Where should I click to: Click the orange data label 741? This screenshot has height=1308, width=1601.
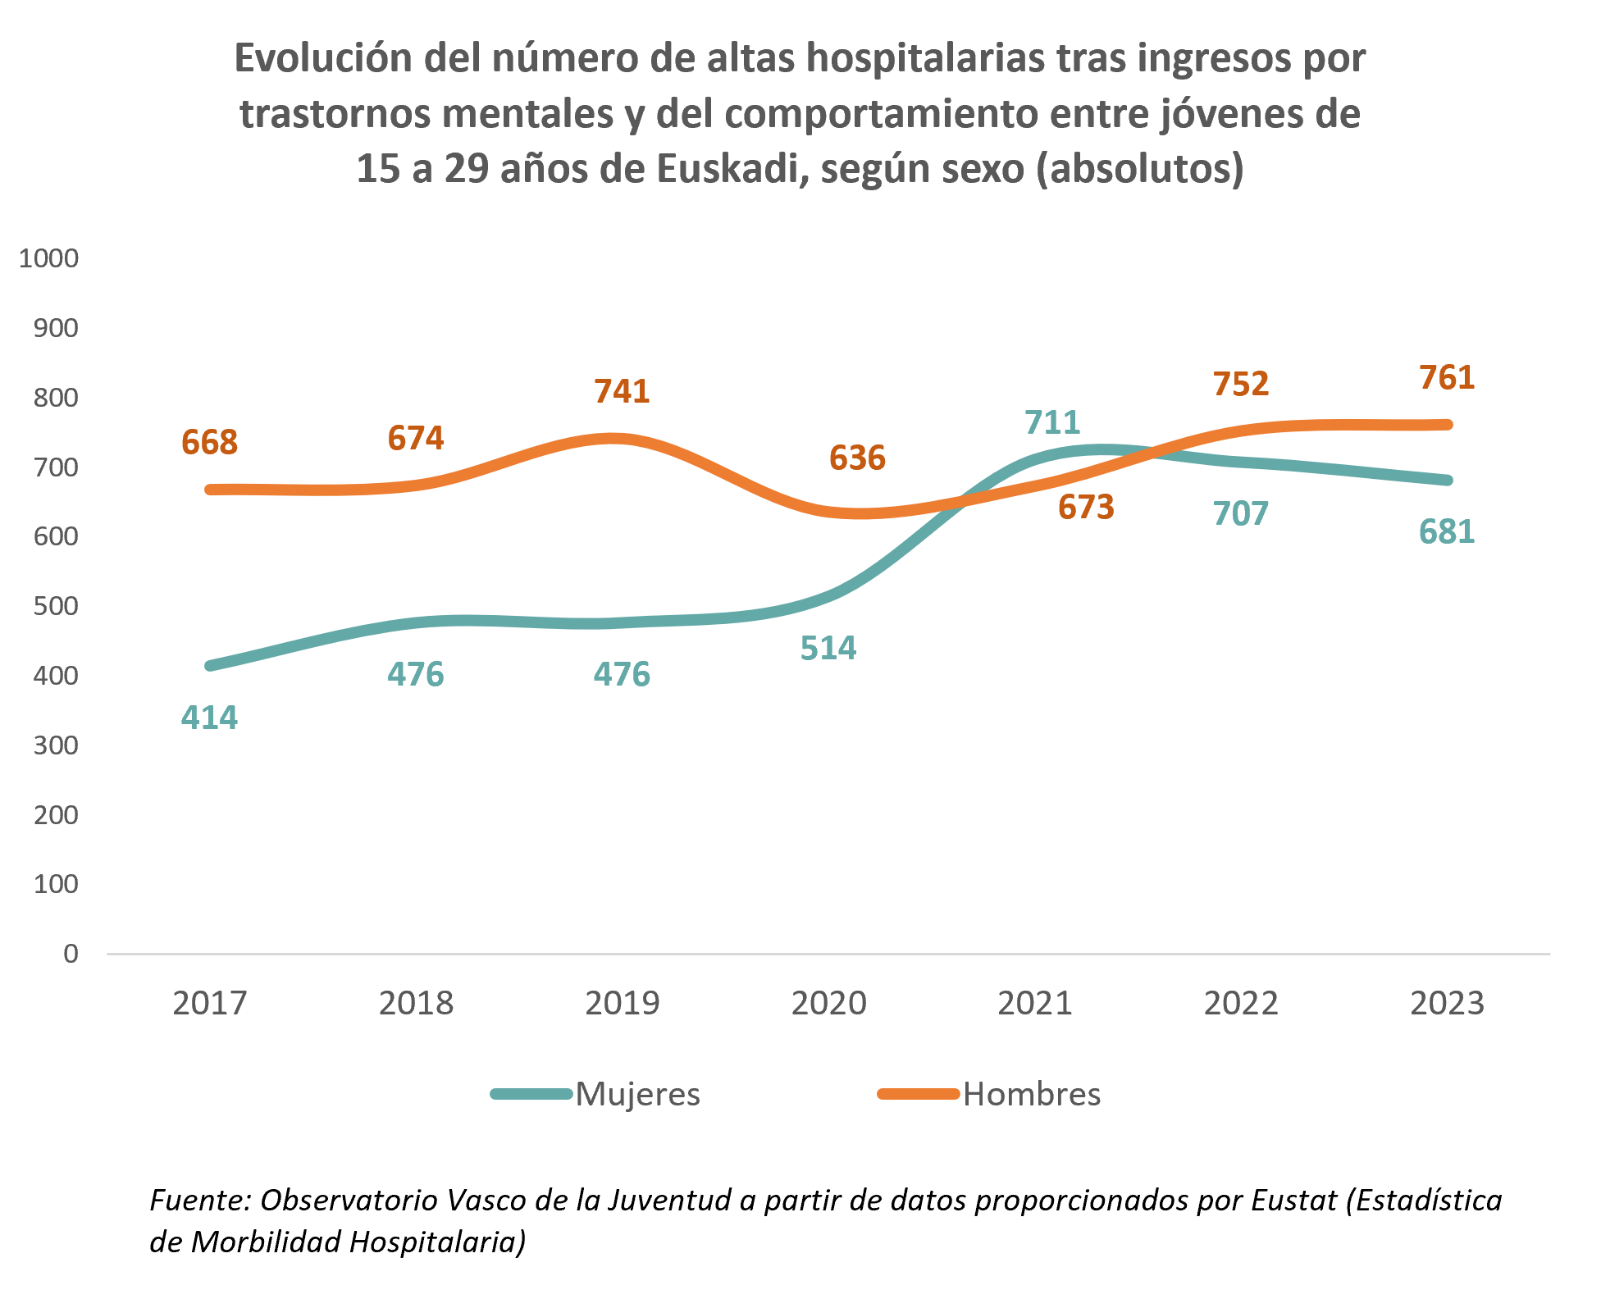[622, 391]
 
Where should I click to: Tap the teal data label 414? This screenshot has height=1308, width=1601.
[209, 718]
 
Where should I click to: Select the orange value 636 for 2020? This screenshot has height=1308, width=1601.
[857, 458]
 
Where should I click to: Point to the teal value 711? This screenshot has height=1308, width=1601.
[1052, 422]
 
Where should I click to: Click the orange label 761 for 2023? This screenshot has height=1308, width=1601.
[1447, 378]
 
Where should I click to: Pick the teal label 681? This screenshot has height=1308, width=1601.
[1447, 532]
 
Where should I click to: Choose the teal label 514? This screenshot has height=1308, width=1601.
[828, 649]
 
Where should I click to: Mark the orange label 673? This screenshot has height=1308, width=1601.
[1086, 508]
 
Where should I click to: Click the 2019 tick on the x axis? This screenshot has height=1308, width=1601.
[622, 1003]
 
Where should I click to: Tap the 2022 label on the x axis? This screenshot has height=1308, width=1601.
[1241, 1003]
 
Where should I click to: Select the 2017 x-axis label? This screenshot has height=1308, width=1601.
[209, 1003]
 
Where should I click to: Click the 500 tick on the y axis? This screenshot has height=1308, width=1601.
[56, 606]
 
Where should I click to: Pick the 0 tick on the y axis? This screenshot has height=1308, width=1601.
[71, 954]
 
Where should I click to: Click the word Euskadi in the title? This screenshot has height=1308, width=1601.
[728, 168]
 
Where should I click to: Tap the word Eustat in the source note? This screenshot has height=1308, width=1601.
[1294, 1200]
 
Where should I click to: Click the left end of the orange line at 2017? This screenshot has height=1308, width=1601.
[211, 490]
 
